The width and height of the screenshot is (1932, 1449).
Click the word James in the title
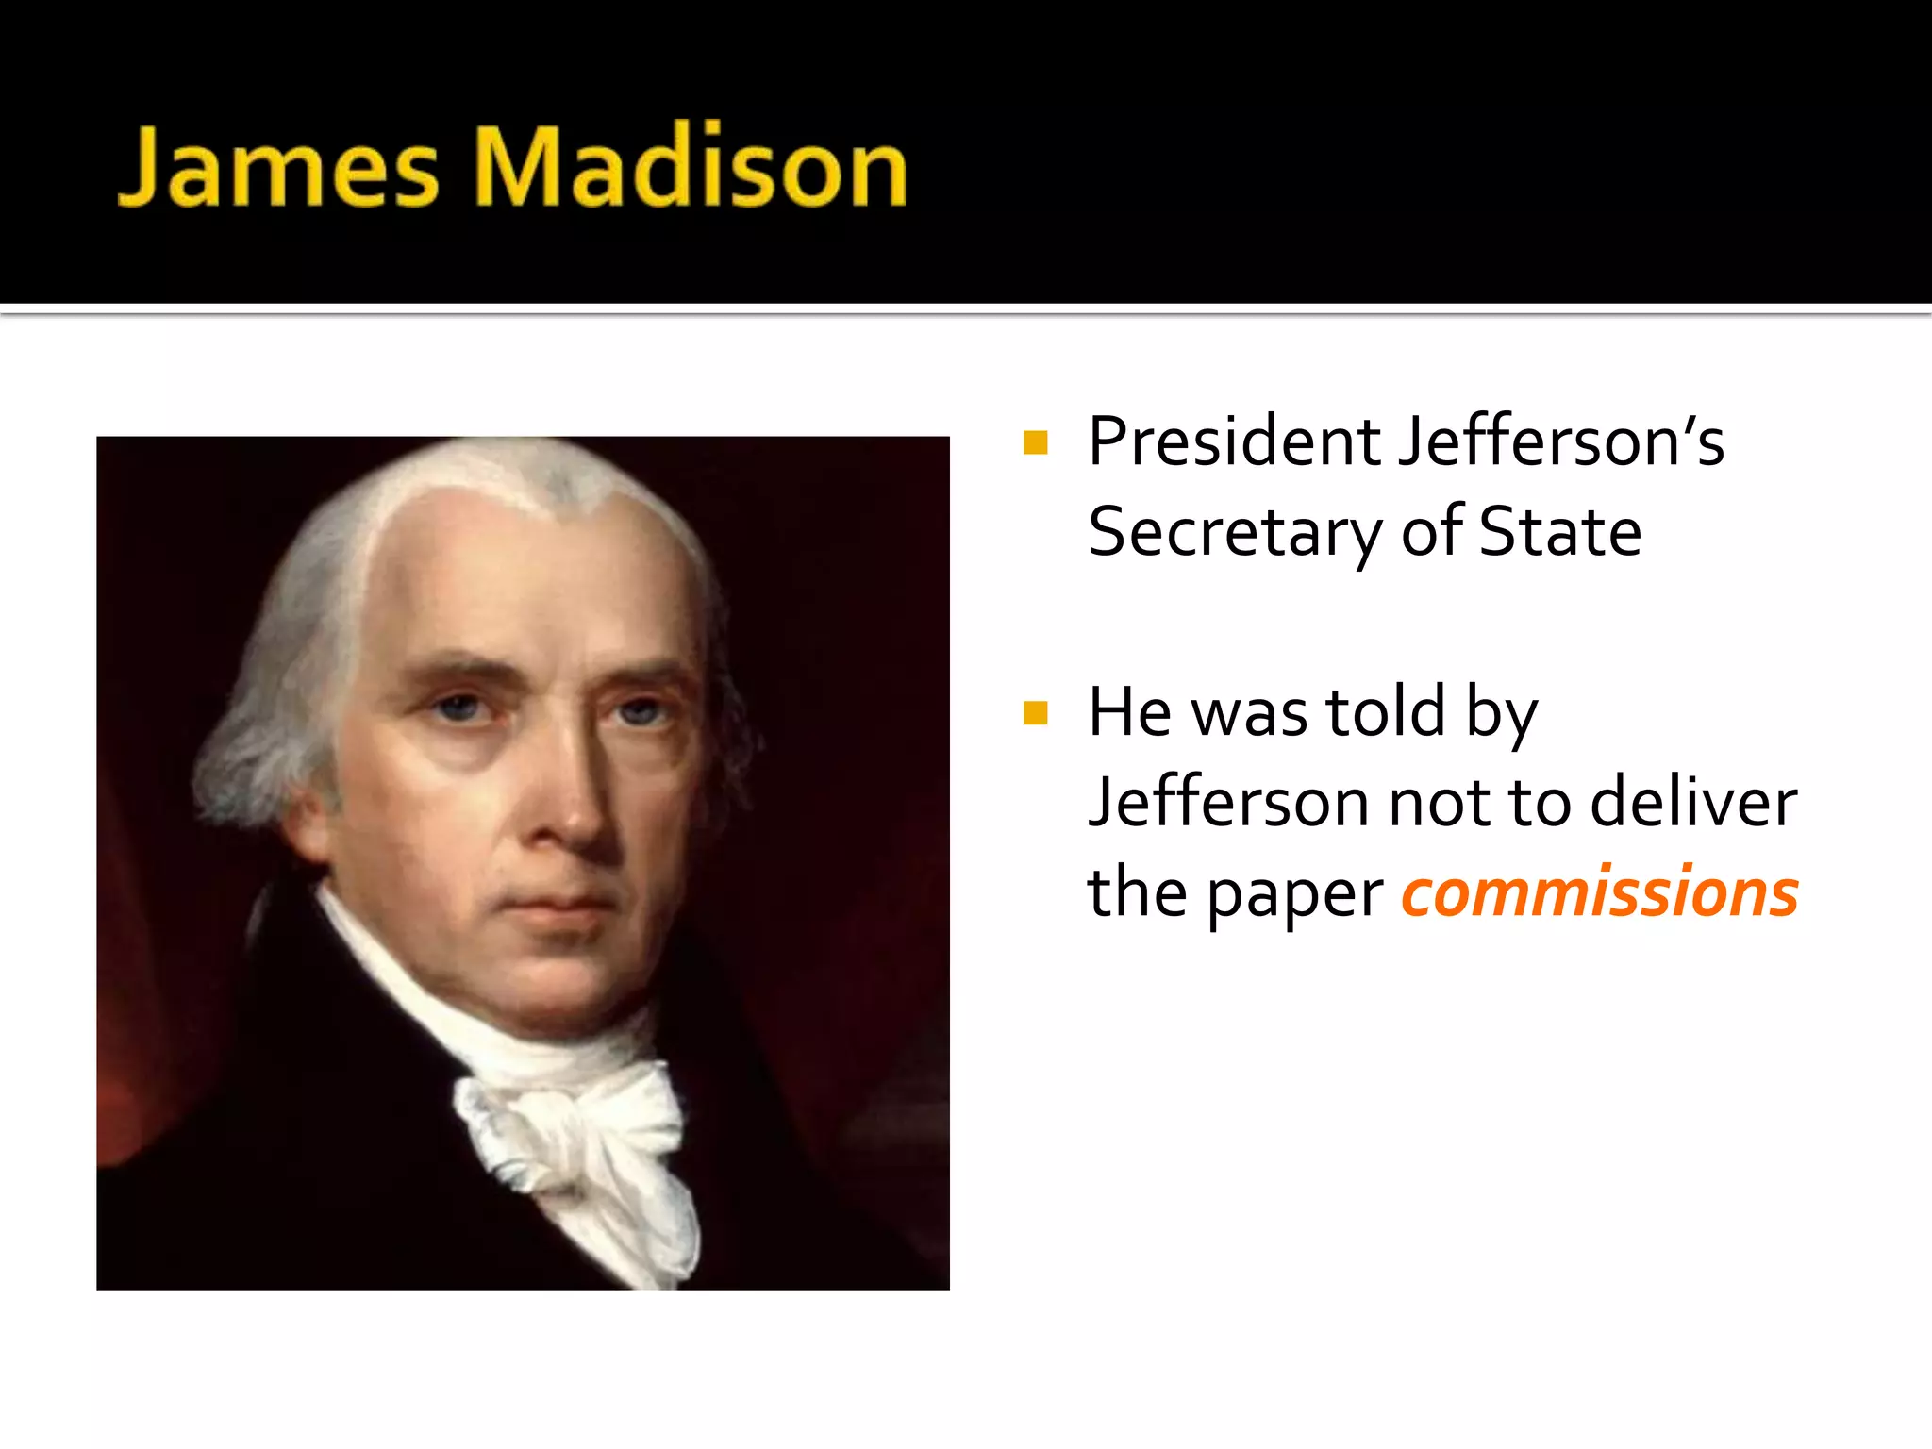pos(279,167)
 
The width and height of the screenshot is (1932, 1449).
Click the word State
pos(1560,531)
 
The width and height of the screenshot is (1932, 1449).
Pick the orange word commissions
pos(1600,892)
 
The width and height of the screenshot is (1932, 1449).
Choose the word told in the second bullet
pos(1386,712)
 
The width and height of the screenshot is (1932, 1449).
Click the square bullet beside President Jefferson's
pos(1035,442)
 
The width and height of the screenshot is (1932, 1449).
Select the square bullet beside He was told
pos(1035,713)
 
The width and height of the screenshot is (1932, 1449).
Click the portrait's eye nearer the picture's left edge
pos(459,707)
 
